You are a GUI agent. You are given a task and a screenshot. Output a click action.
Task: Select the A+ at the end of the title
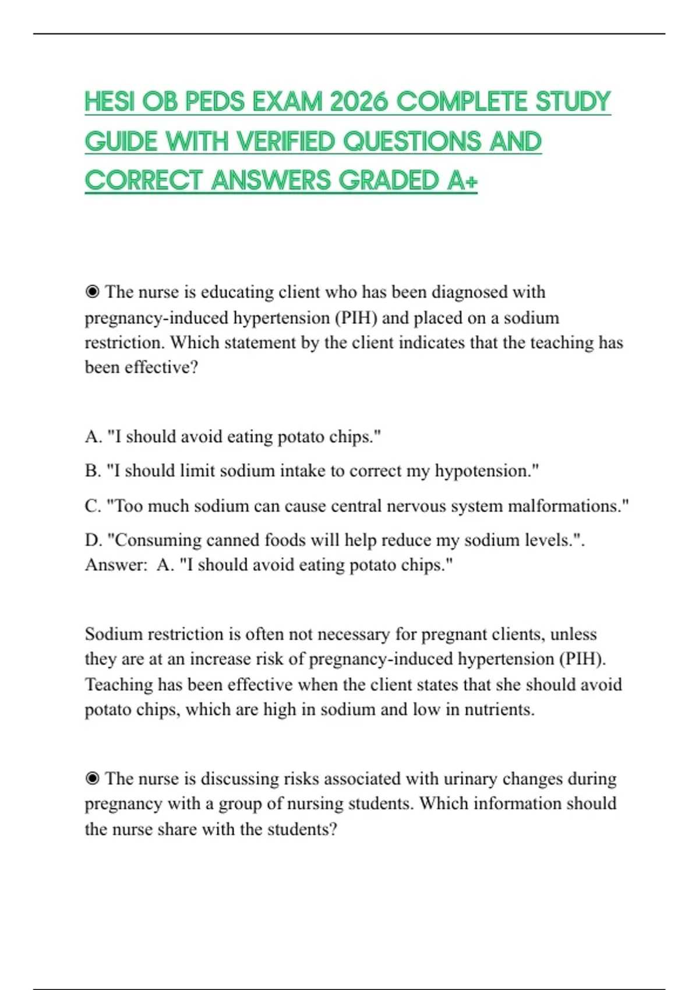[x=463, y=181]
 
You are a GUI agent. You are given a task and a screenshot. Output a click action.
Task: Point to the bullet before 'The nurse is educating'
[x=92, y=292]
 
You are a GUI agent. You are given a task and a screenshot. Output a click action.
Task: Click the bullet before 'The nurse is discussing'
[x=92, y=779]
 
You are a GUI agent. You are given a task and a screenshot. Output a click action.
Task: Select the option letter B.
[x=92, y=471]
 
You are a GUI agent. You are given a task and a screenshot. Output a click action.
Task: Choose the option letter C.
[x=92, y=505]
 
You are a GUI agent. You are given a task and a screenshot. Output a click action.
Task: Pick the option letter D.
[x=93, y=540]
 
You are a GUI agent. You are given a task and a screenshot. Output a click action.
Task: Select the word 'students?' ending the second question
[x=302, y=829]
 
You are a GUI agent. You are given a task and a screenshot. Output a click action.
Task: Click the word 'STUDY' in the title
[x=573, y=102]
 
